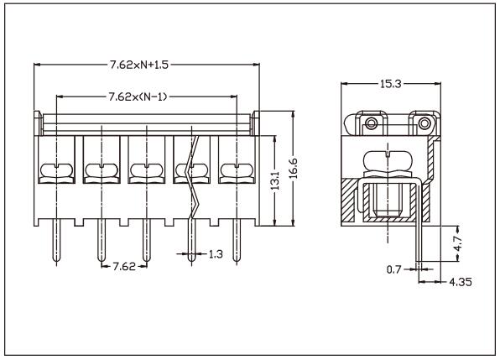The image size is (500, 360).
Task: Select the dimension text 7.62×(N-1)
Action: [138, 97]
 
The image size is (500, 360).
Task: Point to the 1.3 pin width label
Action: [215, 253]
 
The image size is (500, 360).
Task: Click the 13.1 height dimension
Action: [275, 181]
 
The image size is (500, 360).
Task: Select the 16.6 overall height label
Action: [293, 169]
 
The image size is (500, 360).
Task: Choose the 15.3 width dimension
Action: [391, 85]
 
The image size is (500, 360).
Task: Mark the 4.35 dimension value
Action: [460, 282]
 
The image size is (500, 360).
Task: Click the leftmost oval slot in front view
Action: [56, 172]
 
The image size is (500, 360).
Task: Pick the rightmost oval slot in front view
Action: [236, 172]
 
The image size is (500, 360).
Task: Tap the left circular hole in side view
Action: [371, 126]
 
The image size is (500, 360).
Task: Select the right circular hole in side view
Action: [425, 126]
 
